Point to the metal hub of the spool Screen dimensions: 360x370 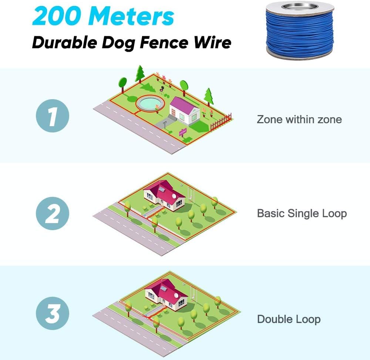pyautogui.click(x=300, y=6)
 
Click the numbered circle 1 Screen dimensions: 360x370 pyautogui.click(x=53, y=116)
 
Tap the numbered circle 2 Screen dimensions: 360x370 pyautogui.click(x=53, y=213)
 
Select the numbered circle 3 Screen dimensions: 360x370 pyautogui.click(x=53, y=313)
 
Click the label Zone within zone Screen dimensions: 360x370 pyautogui.click(x=299, y=120)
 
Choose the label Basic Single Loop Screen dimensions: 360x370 pyautogui.click(x=302, y=213)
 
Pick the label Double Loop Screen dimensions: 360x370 pyautogui.click(x=289, y=319)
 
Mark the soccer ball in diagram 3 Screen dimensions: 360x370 pyautogui.click(x=183, y=284)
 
